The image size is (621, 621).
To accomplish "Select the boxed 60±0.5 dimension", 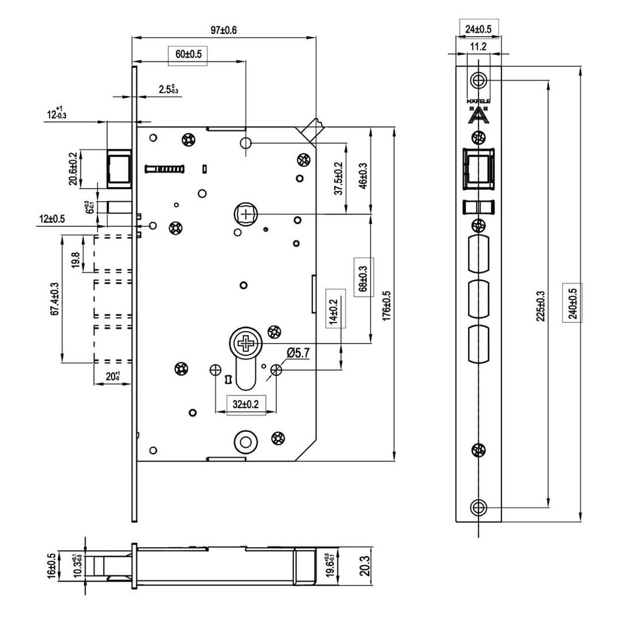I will pos(188,54).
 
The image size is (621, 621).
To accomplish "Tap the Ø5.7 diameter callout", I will pos(298,352).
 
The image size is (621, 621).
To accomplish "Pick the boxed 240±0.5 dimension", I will pos(572,302).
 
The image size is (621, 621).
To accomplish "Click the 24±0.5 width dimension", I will pos(478,29).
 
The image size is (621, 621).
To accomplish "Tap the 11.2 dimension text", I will pos(478,47).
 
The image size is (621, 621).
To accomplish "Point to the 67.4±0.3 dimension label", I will pos(55,298).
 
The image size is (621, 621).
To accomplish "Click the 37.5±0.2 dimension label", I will pos(338,178).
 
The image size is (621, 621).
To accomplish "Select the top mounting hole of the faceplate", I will pos(479,79).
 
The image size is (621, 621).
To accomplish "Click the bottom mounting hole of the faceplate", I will pos(479,507).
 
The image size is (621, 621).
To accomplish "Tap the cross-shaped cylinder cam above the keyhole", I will pos(246,344).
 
